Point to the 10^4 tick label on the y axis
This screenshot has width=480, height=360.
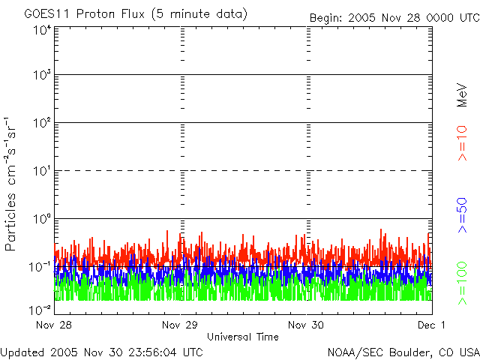(42, 31)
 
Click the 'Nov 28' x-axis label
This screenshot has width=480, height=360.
(53, 325)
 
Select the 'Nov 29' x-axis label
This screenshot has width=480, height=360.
(180, 325)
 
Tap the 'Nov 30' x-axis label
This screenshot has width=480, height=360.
(307, 325)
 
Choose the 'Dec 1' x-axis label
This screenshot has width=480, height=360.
(432, 325)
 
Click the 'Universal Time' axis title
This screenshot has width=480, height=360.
(243, 337)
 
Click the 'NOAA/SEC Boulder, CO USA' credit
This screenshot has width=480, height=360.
(403, 352)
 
